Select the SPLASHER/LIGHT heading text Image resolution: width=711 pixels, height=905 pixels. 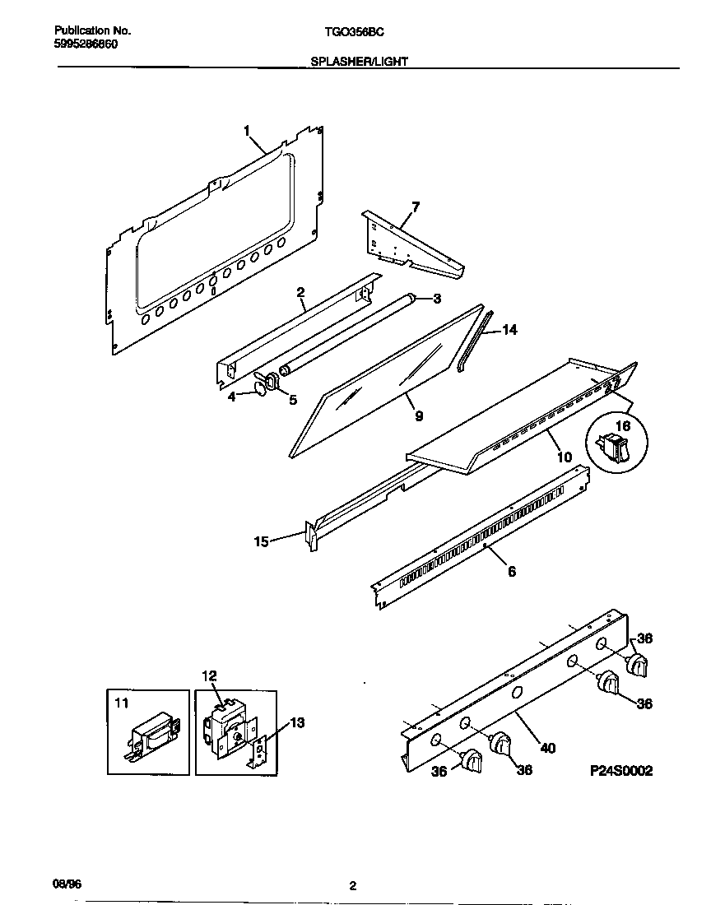359,61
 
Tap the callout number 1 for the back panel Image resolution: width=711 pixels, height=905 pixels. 247,129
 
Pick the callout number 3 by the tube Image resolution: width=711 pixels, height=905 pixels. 436,298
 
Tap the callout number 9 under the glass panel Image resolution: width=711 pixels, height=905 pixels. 419,416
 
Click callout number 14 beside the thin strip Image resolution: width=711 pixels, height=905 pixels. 509,330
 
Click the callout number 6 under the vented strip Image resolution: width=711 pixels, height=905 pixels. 512,571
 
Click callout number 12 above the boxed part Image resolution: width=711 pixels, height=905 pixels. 209,675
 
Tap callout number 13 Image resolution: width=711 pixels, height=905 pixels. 297,722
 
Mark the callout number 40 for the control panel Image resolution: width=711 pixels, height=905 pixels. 547,748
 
